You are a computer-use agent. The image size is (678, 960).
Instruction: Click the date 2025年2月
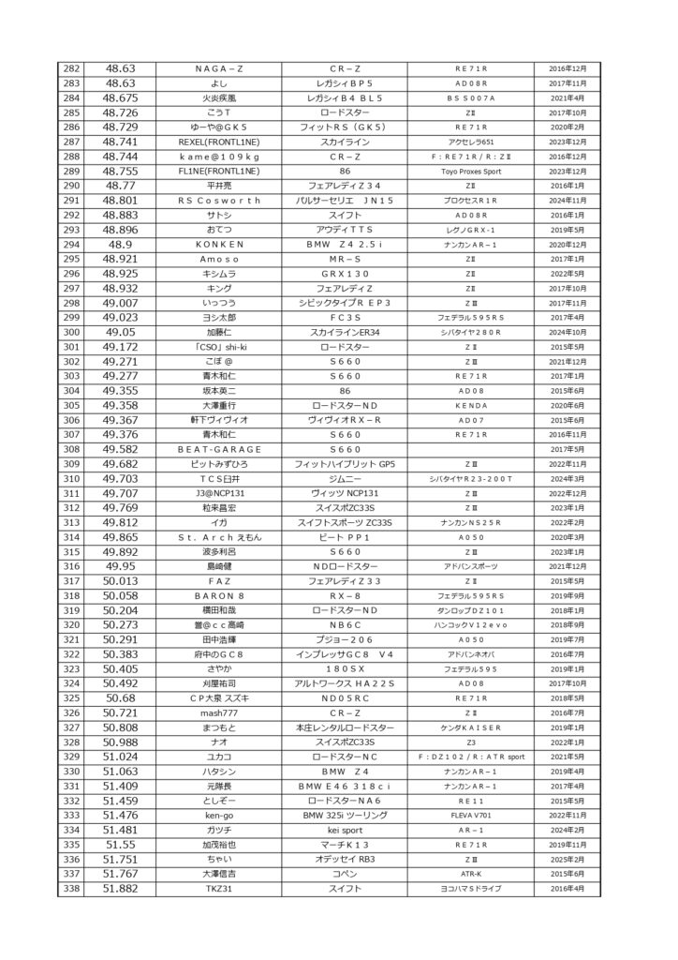click(x=567, y=857)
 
